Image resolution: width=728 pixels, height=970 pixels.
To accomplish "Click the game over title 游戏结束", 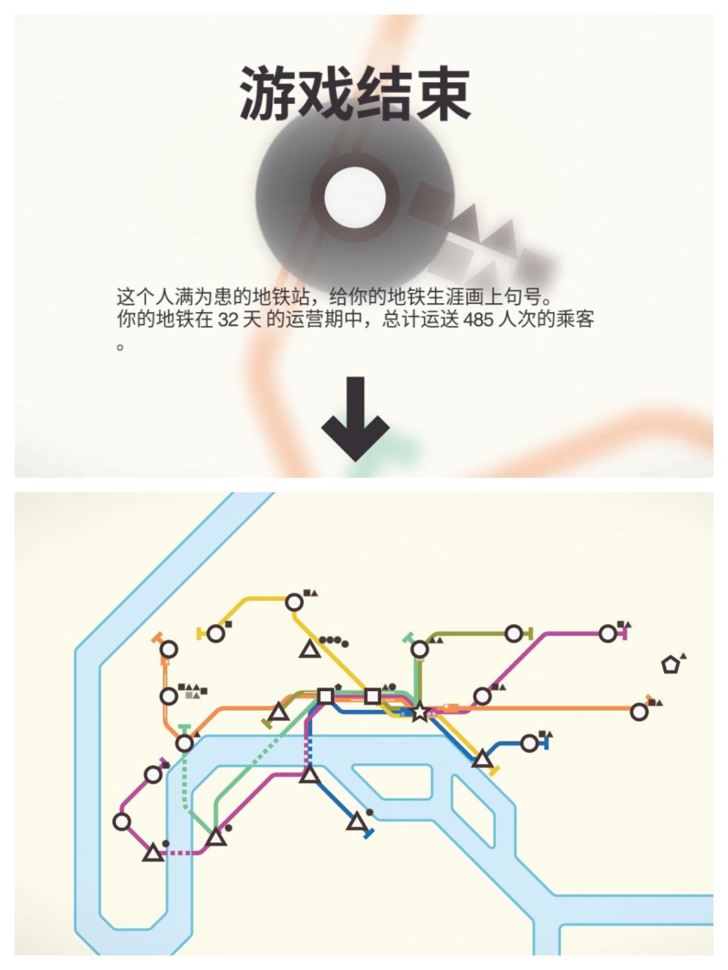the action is [355, 94].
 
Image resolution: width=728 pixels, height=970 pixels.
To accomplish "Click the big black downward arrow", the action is [355, 419].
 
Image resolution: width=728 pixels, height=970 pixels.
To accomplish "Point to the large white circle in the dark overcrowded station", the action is [355, 197].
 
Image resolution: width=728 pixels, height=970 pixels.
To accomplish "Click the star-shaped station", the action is [420, 712].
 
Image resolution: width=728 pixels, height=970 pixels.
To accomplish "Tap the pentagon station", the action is [670, 665].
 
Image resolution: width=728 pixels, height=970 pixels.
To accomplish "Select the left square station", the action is [326, 697].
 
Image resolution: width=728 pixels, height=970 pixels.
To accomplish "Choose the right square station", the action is [372, 697].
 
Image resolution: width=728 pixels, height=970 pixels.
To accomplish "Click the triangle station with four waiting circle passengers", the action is [310, 649].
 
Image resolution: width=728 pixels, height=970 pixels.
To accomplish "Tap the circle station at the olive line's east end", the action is [514, 634].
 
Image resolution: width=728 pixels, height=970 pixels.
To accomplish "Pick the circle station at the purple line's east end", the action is [608, 634].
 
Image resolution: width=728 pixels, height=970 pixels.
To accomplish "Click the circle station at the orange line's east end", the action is [639, 712].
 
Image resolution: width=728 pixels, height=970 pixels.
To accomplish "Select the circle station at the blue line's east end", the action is [529, 743].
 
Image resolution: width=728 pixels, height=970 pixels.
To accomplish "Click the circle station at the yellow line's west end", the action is [216, 634].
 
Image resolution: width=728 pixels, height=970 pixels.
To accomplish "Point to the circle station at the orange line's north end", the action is [169, 649].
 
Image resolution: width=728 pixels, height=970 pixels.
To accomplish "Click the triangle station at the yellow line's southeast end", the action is [482, 760].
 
